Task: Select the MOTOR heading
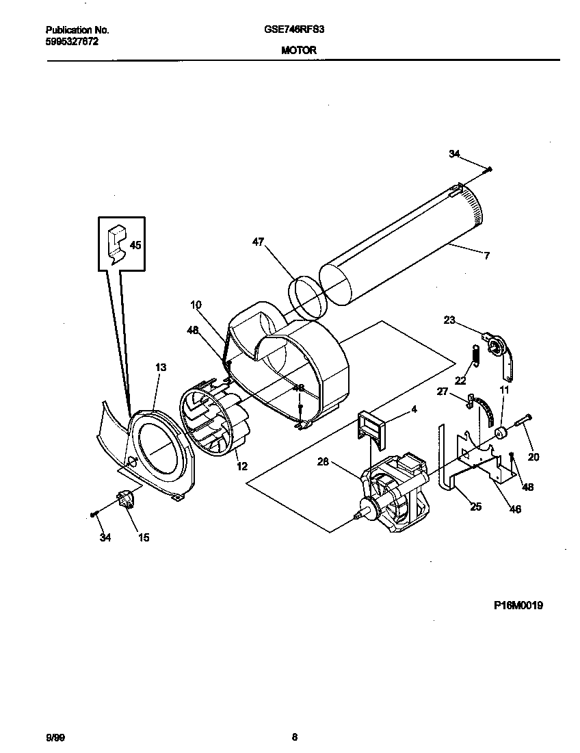coord(298,50)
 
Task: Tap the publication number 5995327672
coord(72,41)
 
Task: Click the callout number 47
coord(257,242)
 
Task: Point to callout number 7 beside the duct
coord(486,256)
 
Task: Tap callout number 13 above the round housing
coord(160,368)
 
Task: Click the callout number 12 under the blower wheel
coord(242,466)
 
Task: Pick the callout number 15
coord(144,538)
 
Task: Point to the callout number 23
coord(449,319)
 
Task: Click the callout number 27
coord(443,392)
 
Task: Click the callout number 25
coord(475,507)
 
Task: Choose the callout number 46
coord(516,509)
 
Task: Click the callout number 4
coord(414,409)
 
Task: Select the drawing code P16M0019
coord(518,605)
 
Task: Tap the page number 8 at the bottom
coord(294,737)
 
